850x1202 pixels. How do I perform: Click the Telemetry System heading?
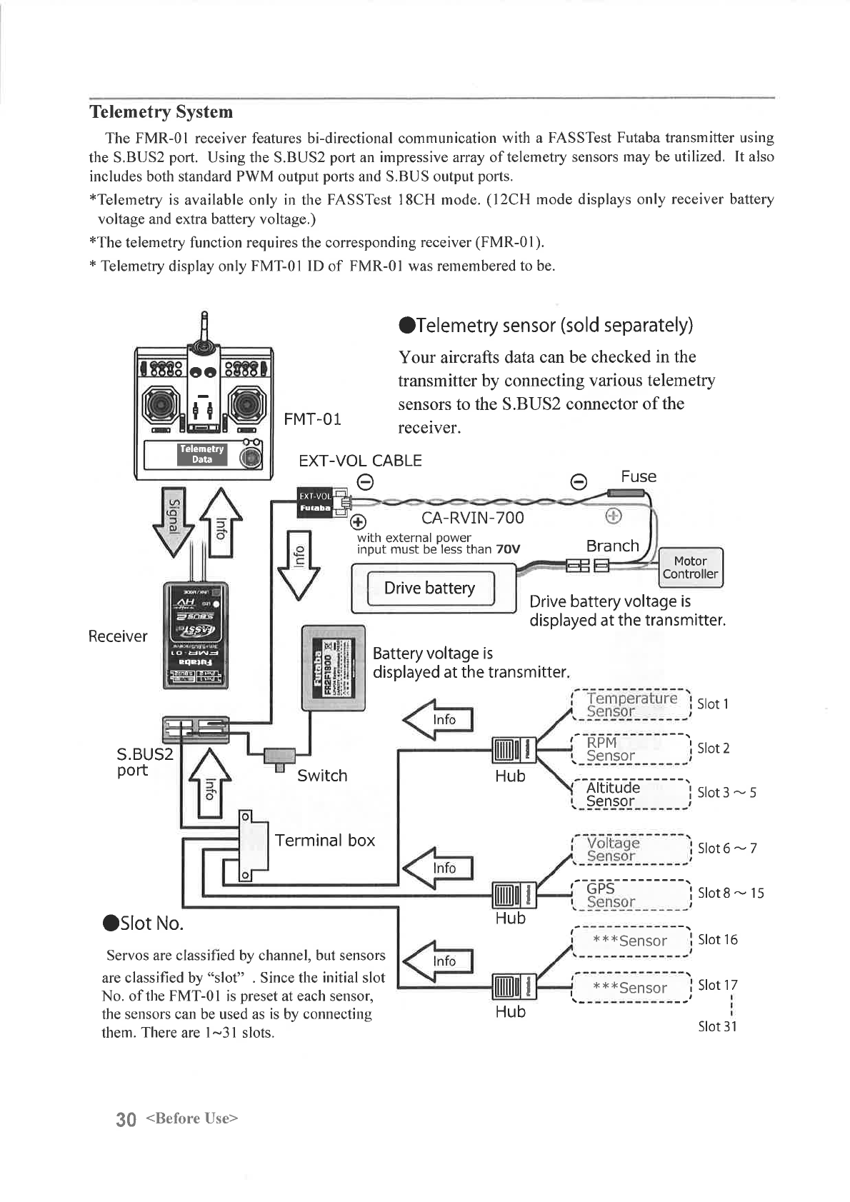(161, 112)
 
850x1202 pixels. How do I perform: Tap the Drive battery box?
(430, 588)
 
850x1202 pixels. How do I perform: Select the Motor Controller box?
(690, 568)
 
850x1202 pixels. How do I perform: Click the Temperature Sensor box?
(631, 704)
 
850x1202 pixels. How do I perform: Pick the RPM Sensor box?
(631, 748)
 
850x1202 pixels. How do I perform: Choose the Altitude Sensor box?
(631, 793)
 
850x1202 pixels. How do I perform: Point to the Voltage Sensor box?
(631, 849)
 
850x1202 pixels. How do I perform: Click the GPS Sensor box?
(631, 894)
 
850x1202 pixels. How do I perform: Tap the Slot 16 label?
(717, 940)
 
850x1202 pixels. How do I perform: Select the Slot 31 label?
(717, 1026)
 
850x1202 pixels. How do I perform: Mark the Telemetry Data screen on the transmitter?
(202, 454)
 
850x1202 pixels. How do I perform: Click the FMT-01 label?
(312, 419)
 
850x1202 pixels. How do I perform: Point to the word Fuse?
(638, 476)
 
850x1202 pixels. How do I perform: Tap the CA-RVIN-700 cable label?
(472, 518)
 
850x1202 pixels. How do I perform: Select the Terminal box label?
(325, 841)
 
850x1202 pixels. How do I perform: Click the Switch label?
(322, 776)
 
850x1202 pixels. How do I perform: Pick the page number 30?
(126, 1119)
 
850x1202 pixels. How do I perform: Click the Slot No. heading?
(144, 923)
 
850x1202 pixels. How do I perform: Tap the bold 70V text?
(508, 549)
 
